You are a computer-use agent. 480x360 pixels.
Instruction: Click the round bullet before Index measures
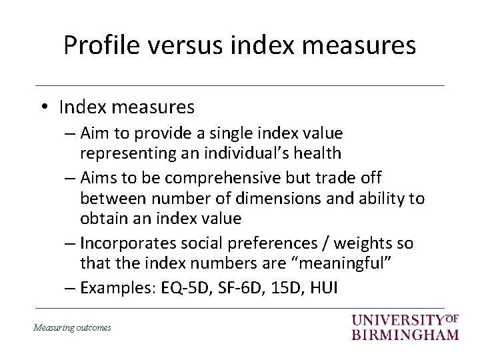[x=44, y=107]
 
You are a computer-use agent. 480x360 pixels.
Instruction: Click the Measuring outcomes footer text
[x=73, y=327]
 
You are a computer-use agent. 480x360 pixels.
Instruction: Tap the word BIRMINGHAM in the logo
[x=405, y=333]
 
